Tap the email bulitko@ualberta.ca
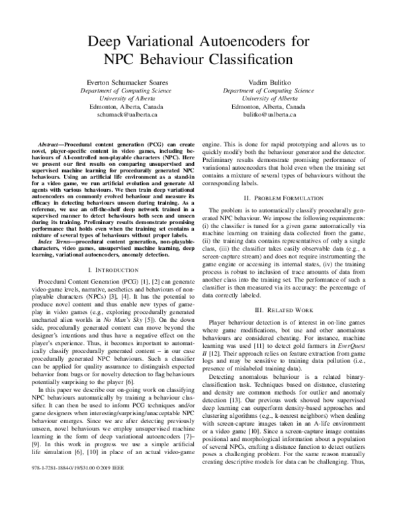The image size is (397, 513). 268,114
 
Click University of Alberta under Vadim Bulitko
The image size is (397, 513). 268,97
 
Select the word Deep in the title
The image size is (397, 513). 108,41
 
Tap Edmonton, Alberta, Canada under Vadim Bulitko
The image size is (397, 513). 268,106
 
